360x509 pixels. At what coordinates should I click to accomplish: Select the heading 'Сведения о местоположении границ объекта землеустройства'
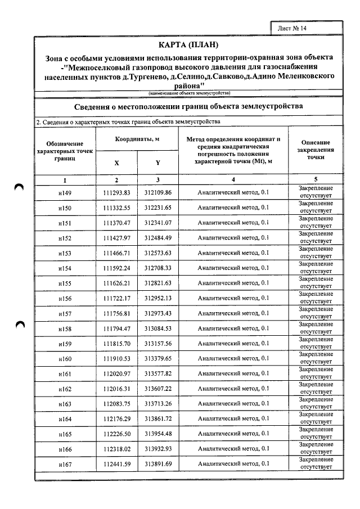pyautogui.click(x=188, y=106)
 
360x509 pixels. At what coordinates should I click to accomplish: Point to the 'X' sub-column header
pyautogui.click(x=116, y=163)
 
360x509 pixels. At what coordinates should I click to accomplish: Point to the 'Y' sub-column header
pyautogui.click(x=157, y=163)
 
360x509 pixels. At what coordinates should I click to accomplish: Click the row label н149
pyautogui.click(x=65, y=192)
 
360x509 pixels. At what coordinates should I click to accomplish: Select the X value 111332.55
pyautogui.click(x=116, y=208)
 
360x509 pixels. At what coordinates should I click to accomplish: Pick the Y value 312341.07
pyautogui.click(x=157, y=223)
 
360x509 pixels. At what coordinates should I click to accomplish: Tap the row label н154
pyautogui.click(x=65, y=268)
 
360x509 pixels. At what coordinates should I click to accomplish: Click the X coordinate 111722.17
pyautogui.click(x=116, y=298)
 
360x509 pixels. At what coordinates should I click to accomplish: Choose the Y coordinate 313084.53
pyautogui.click(x=157, y=328)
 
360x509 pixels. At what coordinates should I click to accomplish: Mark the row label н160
pyautogui.click(x=65, y=358)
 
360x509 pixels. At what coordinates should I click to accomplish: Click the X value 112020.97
pyautogui.click(x=116, y=373)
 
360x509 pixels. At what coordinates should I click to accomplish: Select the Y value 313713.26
pyautogui.click(x=157, y=403)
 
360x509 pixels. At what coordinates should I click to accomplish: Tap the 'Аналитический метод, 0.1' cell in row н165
pyautogui.click(x=233, y=434)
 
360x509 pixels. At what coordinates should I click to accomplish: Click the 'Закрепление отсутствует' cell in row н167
pyautogui.click(x=315, y=463)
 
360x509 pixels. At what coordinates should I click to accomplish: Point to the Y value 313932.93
pyautogui.click(x=157, y=449)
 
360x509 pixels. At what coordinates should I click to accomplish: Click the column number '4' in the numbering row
pyautogui.click(x=233, y=179)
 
